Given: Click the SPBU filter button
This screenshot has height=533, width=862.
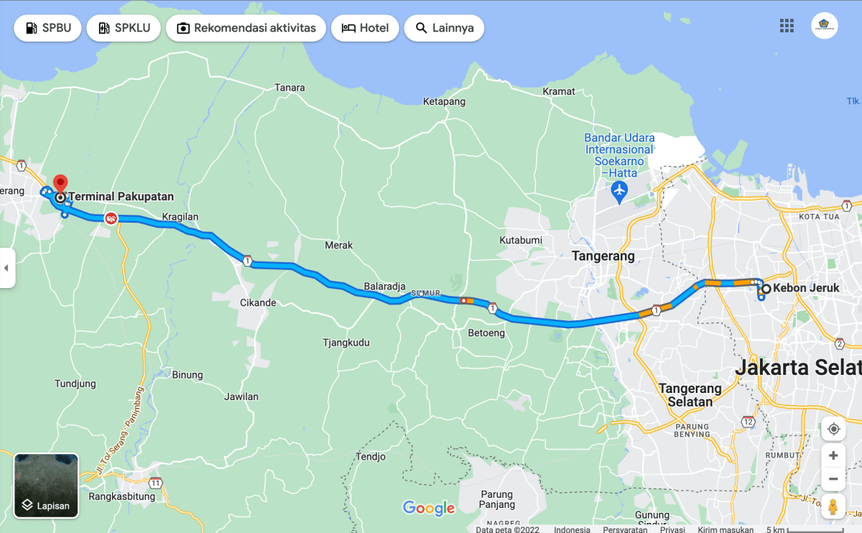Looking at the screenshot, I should click(47, 28).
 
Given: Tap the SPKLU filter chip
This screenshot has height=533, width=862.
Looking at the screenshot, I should click(124, 28).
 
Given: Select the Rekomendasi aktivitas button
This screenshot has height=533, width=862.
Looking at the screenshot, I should click(246, 28).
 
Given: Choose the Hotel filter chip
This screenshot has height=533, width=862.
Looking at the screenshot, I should click(365, 28).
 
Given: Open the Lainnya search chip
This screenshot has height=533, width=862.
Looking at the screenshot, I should click(444, 28).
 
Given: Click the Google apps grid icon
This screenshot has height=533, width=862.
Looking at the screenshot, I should click(787, 26).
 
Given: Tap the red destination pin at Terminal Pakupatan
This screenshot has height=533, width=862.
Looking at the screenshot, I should click(60, 182).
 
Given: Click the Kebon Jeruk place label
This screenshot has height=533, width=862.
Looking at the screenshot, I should click(806, 289).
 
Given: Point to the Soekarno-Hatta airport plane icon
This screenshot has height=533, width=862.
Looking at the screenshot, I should click(619, 191).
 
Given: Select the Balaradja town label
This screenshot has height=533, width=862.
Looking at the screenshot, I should click(384, 287).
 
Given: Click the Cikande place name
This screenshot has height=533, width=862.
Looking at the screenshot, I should click(258, 302).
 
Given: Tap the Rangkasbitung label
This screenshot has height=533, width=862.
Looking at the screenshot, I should click(122, 496).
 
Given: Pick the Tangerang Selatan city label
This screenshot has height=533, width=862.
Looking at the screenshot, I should click(690, 395).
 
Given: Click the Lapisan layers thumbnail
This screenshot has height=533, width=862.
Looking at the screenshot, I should click(46, 486).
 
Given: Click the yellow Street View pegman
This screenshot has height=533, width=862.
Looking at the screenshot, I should click(833, 506).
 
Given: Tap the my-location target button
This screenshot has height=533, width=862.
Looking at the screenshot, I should click(833, 429).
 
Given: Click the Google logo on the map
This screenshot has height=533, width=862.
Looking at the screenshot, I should click(429, 509).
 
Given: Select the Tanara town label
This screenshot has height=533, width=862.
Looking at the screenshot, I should click(290, 88).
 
